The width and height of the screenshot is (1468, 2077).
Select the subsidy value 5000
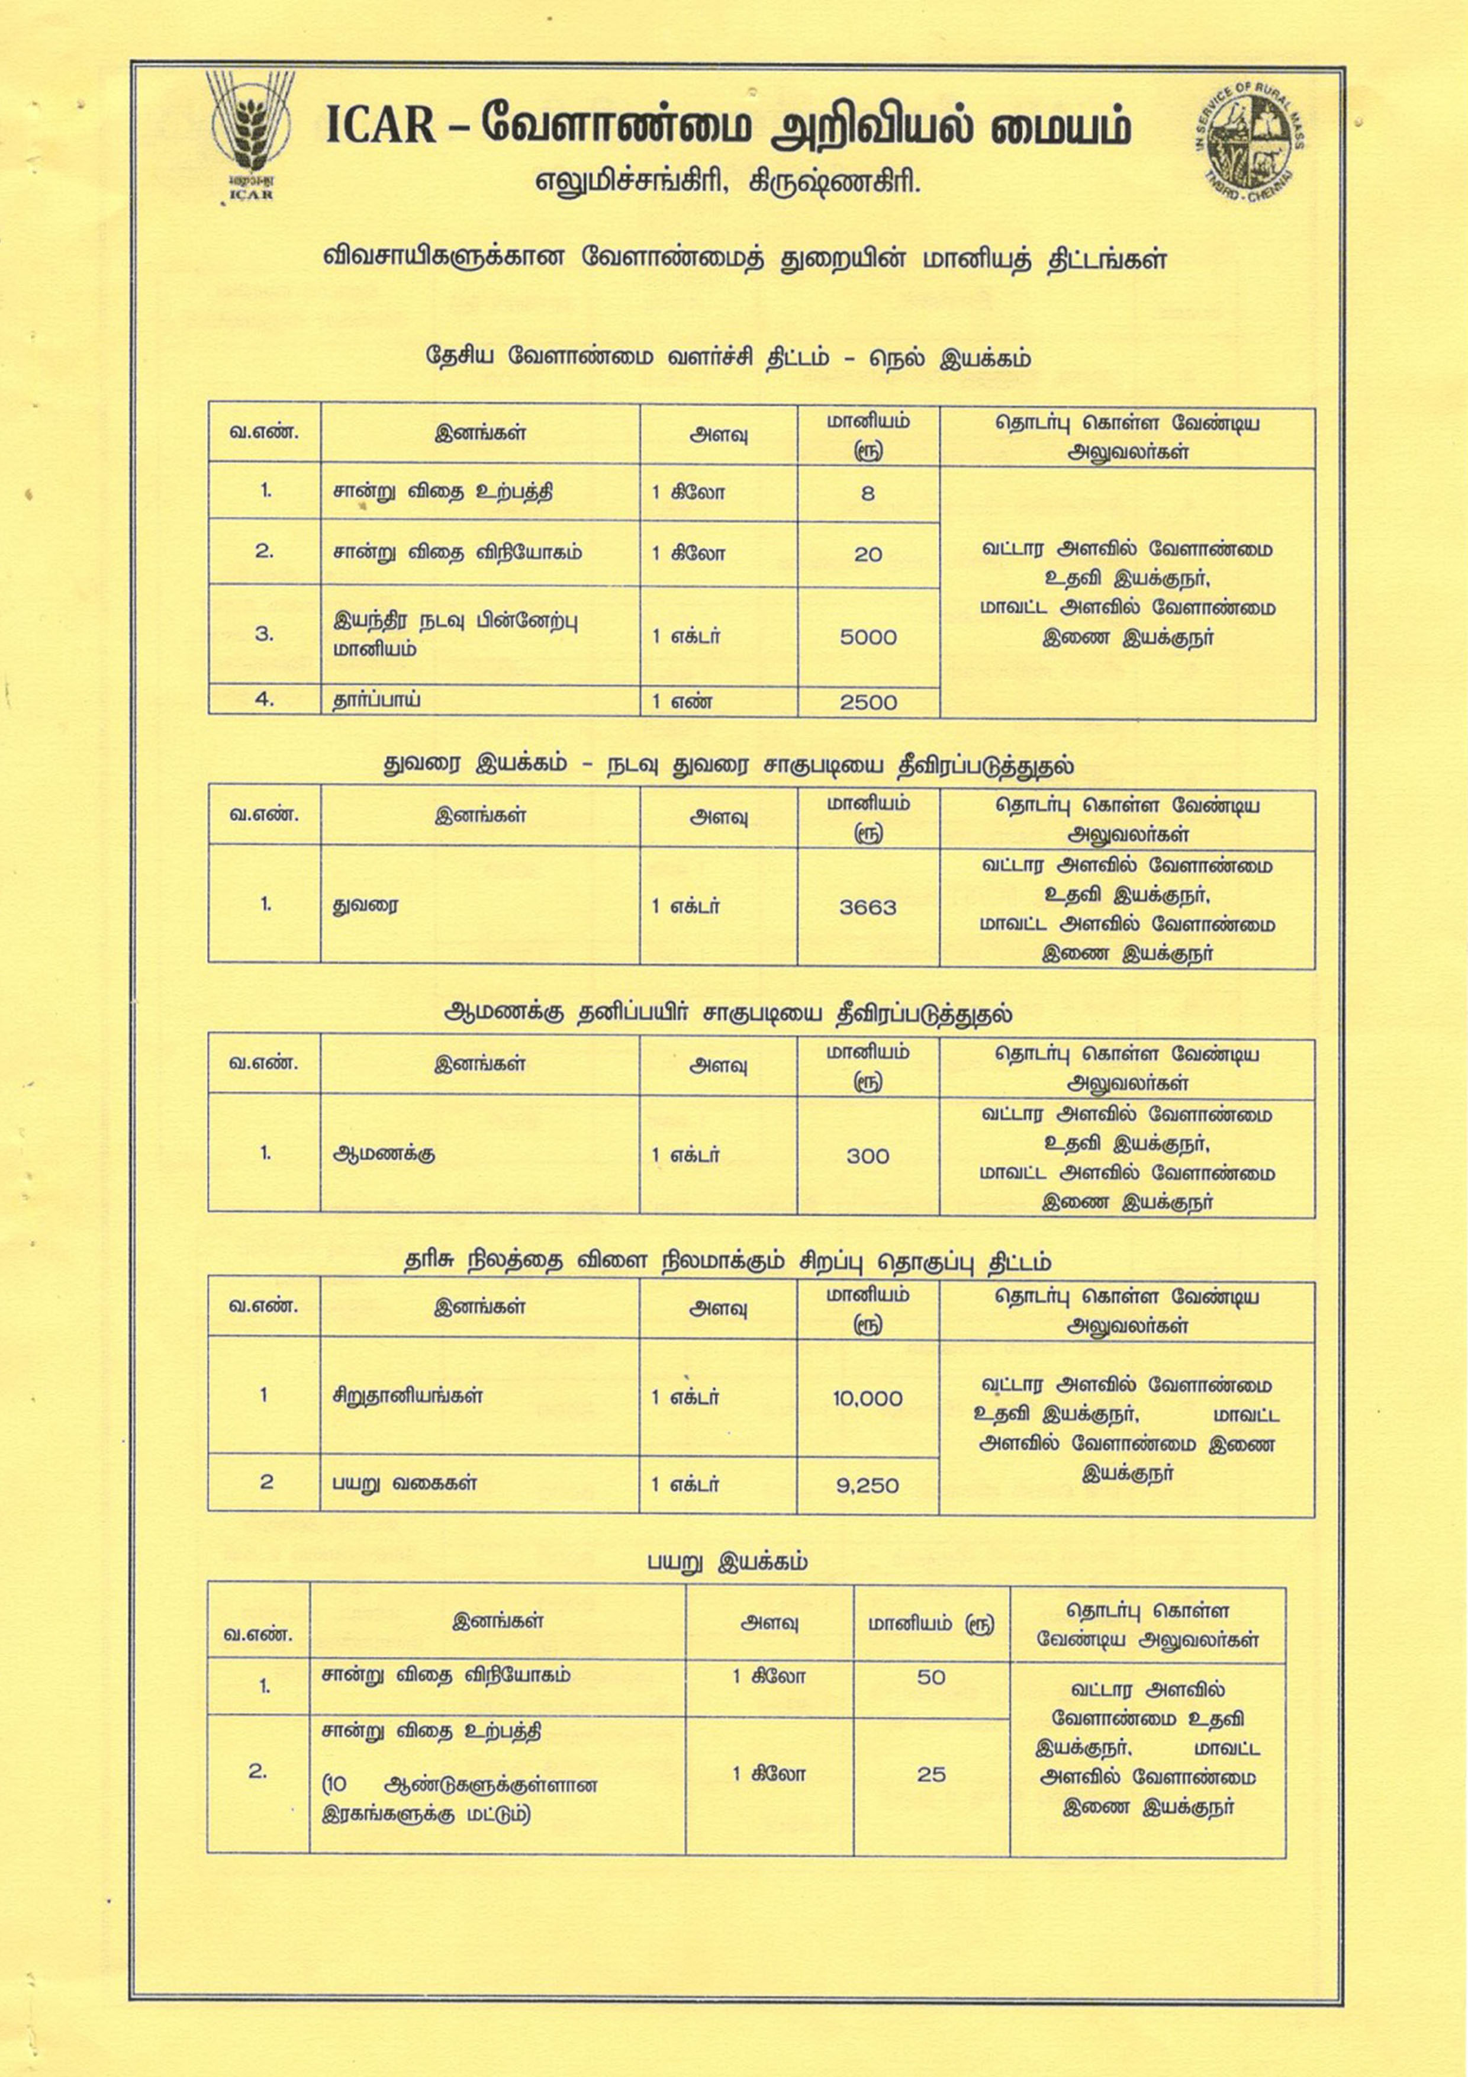[x=867, y=637]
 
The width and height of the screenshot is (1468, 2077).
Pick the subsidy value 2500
[x=867, y=702]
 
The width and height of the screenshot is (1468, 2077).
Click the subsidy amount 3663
[x=867, y=906]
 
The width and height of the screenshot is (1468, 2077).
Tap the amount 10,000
[x=867, y=1398]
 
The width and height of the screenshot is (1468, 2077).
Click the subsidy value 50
[x=931, y=1677]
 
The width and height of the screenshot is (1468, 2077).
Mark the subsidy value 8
[x=867, y=493]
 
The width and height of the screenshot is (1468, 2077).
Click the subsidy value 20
[x=867, y=554]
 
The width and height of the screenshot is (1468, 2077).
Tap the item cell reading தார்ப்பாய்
[x=376, y=699]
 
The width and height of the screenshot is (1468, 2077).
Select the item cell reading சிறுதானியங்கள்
[x=407, y=1396]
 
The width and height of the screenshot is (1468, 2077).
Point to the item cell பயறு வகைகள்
[x=404, y=1483]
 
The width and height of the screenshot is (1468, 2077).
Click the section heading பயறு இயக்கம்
[x=727, y=1562]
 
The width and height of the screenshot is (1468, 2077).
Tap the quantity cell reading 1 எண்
[x=681, y=701]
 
